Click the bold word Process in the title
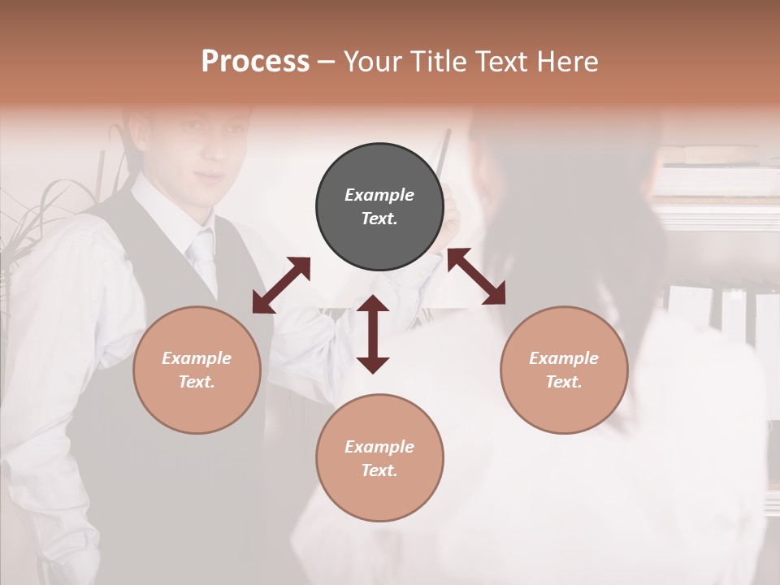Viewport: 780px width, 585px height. pos(255,62)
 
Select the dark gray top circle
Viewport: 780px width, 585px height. pos(379,207)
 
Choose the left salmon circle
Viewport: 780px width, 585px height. pos(197,370)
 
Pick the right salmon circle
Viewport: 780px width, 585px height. pos(564,370)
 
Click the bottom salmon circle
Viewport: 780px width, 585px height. pos(379,458)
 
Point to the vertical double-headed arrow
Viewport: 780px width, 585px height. pos(373,334)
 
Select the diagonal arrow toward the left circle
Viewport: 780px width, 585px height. pos(281,285)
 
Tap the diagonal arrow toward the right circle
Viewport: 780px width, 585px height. pos(476,276)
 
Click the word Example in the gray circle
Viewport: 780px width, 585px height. pos(379,195)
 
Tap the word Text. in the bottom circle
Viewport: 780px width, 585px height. pos(379,470)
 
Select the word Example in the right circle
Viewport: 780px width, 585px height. pos(564,358)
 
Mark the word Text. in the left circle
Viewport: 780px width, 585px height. pos(197,382)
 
